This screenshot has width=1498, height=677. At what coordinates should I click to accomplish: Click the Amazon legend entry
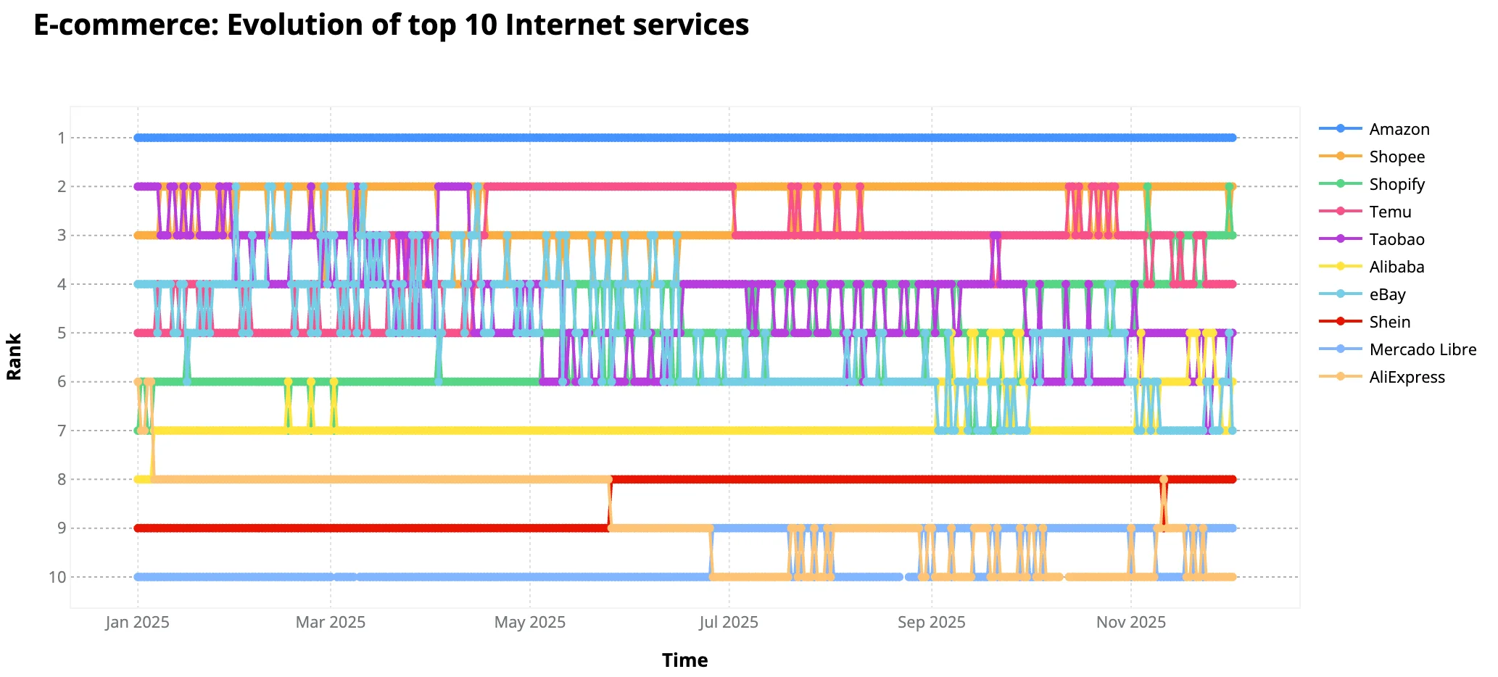pos(1399,129)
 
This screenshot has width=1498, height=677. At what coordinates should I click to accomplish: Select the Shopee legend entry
pos(1396,157)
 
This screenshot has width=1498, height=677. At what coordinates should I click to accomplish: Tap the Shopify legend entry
pos(1396,184)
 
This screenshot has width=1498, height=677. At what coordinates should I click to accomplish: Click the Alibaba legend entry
pos(1396,267)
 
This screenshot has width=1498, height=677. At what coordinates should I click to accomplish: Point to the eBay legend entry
pos(1387,294)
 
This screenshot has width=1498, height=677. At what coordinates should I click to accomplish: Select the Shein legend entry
pos(1389,322)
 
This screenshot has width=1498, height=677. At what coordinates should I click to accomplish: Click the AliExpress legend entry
pos(1407,377)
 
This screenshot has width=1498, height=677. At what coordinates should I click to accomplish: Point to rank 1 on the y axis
pos(62,138)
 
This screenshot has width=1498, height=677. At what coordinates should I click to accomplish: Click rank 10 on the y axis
pos(57,577)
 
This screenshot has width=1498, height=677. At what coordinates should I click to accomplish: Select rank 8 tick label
pos(62,479)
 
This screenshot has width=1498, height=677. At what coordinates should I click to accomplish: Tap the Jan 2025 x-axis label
pos(137,622)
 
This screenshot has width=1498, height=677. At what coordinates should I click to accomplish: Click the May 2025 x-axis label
pos(529,622)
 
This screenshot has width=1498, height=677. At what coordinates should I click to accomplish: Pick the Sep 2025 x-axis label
pos(931,622)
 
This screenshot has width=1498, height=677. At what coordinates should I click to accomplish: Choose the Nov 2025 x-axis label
pos(1130,622)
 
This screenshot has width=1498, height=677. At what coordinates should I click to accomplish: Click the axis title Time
pos(684,660)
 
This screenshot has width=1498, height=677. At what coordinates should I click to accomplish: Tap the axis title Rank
pos(15,357)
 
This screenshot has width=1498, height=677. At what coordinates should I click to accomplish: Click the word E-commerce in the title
pos(123,25)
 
